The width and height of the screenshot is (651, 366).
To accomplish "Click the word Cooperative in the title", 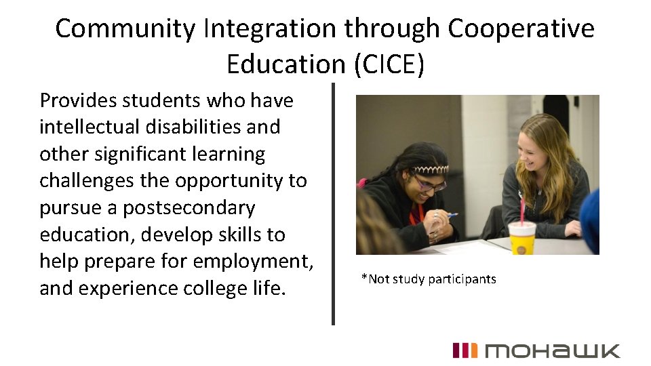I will pyautogui.click(x=521, y=29).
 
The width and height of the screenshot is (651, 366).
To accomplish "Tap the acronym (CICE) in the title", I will pyautogui.click(x=388, y=64).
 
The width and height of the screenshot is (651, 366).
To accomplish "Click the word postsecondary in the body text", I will pyautogui.click(x=189, y=208).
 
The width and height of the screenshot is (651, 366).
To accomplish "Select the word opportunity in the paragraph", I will pyautogui.click(x=232, y=181).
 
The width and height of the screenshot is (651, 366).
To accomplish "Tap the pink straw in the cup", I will pyautogui.click(x=521, y=209).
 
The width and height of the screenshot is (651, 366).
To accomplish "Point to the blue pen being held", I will pyautogui.click(x=451, y=215).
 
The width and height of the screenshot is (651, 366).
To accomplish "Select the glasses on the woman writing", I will pyautogui.click(x=430, y=183).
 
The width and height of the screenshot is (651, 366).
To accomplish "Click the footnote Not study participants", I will pyautogui.click(x=429, y=279).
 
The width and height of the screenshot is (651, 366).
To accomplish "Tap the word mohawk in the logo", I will pyautogui.click(x=552, y=350).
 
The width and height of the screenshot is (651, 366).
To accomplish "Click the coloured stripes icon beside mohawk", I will pyautogui.click(x=465, y=350).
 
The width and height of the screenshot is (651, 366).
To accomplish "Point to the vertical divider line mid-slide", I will pyautogui.click(x=333, y=203).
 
